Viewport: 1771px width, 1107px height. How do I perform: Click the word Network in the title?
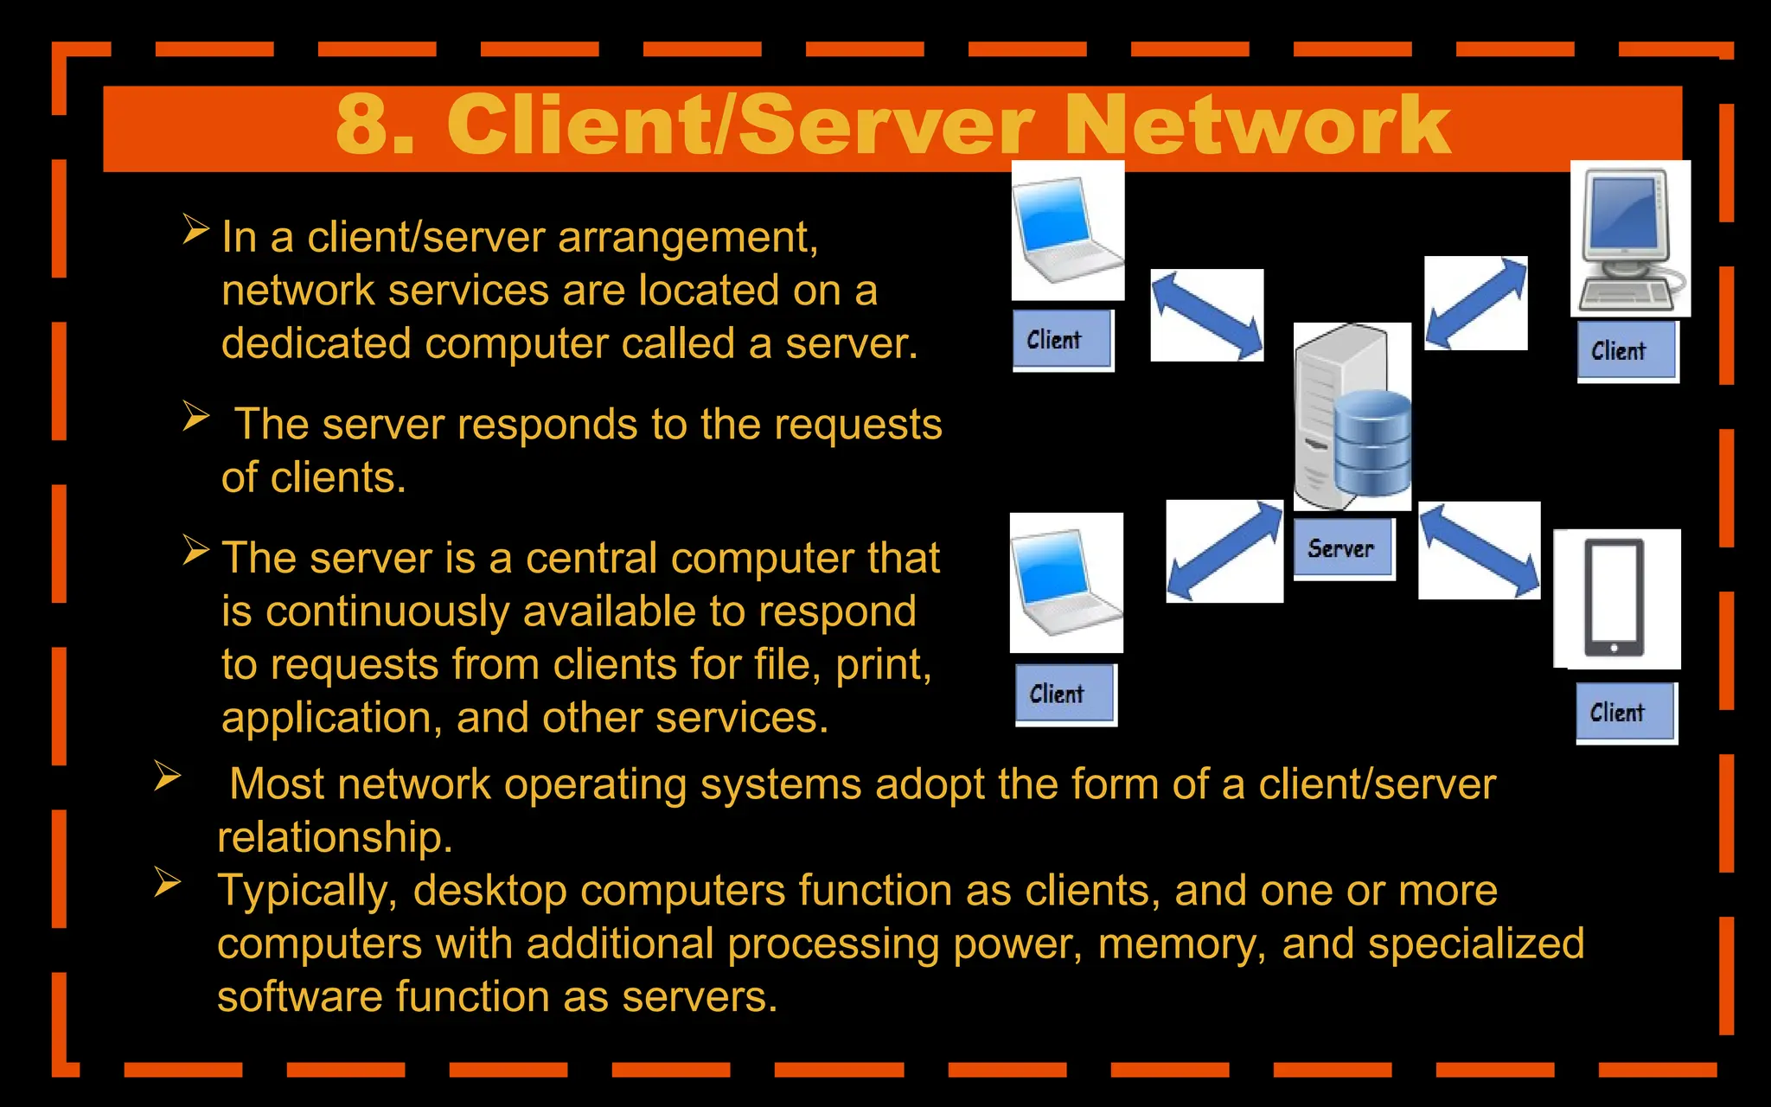coord(1257,126)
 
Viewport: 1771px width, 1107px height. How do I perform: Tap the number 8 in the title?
coord(362,126)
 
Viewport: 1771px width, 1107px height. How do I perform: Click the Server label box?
coord(1343,548)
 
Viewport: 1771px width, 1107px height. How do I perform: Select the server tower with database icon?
coord(1352,417)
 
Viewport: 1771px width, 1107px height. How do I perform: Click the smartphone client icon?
coord(1614,598)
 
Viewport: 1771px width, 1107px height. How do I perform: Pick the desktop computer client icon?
coord(1629,238)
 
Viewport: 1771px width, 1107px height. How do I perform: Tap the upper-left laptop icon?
coord(1067,230)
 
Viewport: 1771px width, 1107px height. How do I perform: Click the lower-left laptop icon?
coord(1066,582)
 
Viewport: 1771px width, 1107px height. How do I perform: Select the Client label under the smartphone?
coord(1625,713)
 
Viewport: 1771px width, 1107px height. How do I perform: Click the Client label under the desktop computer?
coord(1627,351)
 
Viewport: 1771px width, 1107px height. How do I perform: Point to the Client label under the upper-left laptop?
coord(1062,340)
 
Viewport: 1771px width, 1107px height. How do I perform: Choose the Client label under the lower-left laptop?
coord(1065,694)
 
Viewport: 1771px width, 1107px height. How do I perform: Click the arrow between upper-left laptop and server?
coord(1206,315)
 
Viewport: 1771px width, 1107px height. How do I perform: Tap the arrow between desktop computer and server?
coord(1475,303)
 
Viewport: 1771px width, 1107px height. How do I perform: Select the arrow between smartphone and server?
coord(1479,550)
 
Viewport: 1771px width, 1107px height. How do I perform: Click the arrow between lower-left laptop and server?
coord(1224,550)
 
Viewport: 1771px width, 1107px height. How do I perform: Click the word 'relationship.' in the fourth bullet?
coord(335,837)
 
